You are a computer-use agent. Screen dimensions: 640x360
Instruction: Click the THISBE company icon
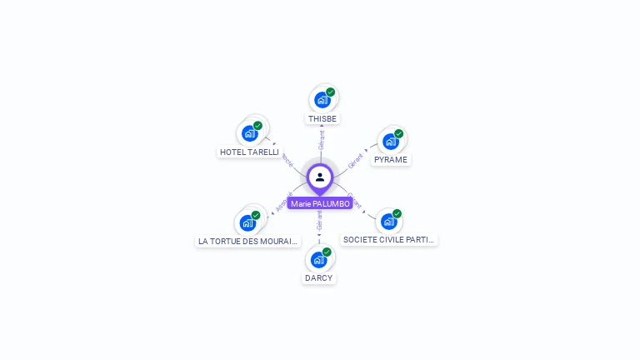click(x=322, y=101)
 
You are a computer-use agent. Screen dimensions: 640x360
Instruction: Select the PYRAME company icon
click(x=390, y=142)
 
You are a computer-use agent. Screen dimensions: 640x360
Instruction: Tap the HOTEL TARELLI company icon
click(x=249, y=133)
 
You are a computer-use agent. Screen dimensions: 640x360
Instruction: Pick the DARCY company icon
click(x=318, y=260)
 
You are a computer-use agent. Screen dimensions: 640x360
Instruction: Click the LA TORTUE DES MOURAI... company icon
click(x=247, y=223)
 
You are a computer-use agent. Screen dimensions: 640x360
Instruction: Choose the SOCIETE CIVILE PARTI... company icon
click(x=388, y=222)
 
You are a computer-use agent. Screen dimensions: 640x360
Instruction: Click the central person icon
click(x=320, y=177)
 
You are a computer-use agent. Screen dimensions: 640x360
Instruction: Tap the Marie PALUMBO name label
click(x=320, y=204)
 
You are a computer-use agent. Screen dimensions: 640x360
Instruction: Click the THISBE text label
click(x=322, y=119)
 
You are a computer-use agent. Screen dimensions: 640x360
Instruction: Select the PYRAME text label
click(x=391, y=160)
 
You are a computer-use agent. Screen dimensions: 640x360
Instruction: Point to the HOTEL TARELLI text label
click(x=249, y=152)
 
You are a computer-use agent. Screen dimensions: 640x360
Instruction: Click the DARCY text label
click(x=318, y=278)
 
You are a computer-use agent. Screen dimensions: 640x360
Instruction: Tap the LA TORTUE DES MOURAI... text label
click(x=247, y=242)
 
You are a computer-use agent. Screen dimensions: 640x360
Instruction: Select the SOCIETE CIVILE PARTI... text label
click(x=389, y=240)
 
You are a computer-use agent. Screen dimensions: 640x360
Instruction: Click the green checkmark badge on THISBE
click(x=331, y=92)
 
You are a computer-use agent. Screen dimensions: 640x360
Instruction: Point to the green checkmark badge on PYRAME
click(x=399, y=133)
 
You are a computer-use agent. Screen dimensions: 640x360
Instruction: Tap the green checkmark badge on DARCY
click(x=327, y=252)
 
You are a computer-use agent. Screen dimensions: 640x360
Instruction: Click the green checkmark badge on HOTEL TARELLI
click(x=258, y=126)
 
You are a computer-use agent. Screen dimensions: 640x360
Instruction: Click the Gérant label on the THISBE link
click(x=321, y=140)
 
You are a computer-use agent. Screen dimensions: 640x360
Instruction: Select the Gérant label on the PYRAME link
click(x=356, y=160)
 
